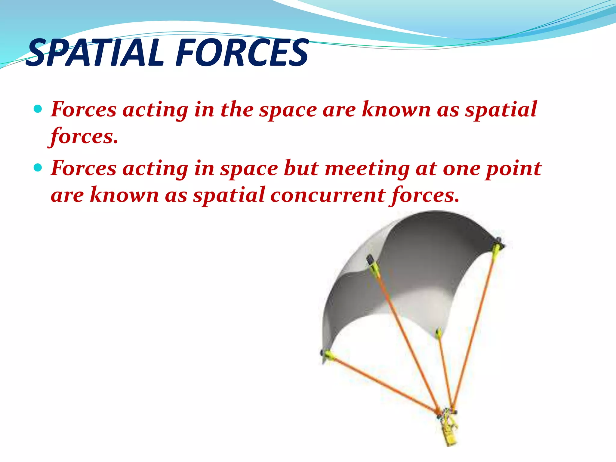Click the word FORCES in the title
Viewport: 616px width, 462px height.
242,53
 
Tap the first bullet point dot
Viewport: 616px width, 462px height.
38,109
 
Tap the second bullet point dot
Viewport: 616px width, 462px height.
38,167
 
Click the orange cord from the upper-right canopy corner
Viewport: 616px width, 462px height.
475,325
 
